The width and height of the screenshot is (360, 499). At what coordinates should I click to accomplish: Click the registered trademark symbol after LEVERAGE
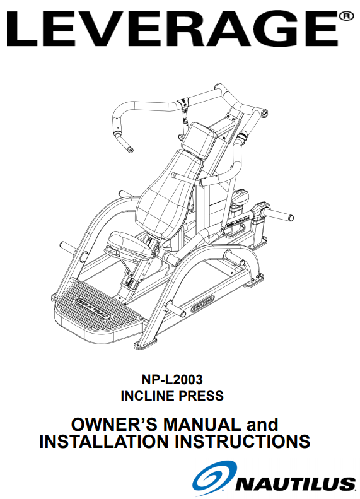coord(346,16)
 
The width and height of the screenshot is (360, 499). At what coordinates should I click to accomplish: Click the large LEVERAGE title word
coord(172,29)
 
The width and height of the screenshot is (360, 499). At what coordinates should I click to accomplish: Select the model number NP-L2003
coord(172,379)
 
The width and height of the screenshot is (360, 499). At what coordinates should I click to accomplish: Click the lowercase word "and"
coord(262,425)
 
